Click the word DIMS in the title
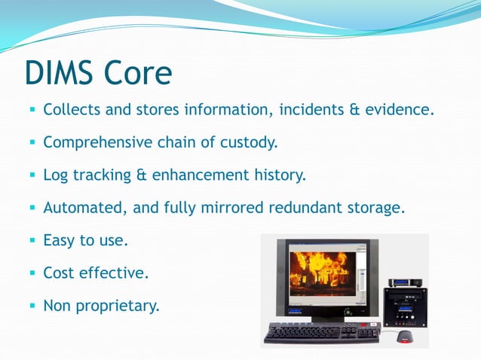pos(59,72)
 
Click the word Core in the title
pos(138,72)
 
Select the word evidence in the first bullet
pos(400,109)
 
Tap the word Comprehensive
pos(97,142)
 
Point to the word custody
pos(249,142)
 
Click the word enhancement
pos(201,175)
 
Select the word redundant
pos(305,208)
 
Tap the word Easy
pos(59,240)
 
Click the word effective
pos(114,273)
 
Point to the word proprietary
pos(118,306)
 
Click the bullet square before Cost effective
pos(32,273)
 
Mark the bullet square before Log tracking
pos(32,175)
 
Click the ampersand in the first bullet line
pos(354,110)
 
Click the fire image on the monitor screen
pos(323,274)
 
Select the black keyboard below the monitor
pos(322,333)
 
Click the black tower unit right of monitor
pos(405,307)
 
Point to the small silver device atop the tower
pos(405,282)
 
